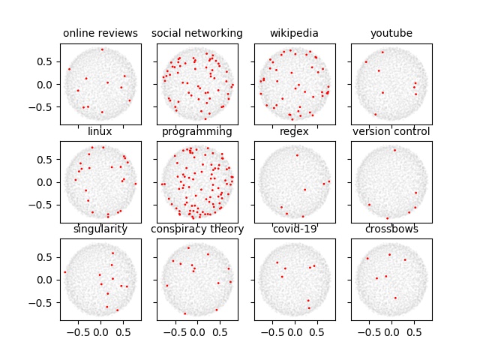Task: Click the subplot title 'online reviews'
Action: pos(100,34)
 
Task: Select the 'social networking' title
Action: pos(197,34)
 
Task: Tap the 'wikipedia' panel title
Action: pos(294,34)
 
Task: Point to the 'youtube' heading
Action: pos(391,34)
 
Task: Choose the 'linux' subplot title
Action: pos(100,132)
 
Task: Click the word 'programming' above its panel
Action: pos(197,132)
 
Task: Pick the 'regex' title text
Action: pos(294,132)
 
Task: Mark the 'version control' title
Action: pos(391,132)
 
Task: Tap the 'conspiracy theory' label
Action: pos(197,229)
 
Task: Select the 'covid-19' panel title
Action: pos(294,229)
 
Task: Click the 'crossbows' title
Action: pos(391,229)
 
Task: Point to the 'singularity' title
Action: pos(100,229)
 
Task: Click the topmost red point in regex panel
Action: pos(297,155)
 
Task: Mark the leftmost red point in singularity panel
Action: pos(65,272)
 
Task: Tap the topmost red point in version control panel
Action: pos(394,150)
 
